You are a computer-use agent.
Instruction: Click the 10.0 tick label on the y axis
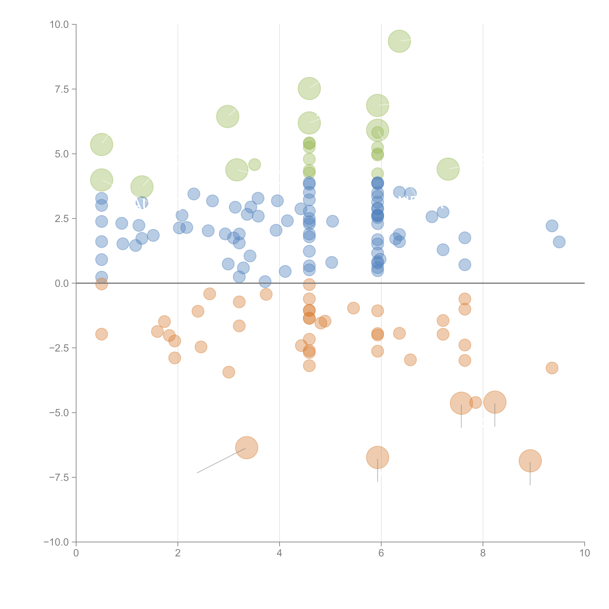pos(59,25)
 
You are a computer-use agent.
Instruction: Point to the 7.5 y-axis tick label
pos(62,89)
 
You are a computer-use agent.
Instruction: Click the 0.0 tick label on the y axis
pos(62,283)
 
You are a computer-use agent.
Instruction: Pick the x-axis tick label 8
pos(483,553)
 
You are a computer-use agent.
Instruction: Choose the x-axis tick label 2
pos(178,553)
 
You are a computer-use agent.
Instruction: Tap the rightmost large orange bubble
pos(530,461)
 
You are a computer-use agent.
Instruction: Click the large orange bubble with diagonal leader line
pos(247,448)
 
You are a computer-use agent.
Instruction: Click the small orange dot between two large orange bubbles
pos(476,403)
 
